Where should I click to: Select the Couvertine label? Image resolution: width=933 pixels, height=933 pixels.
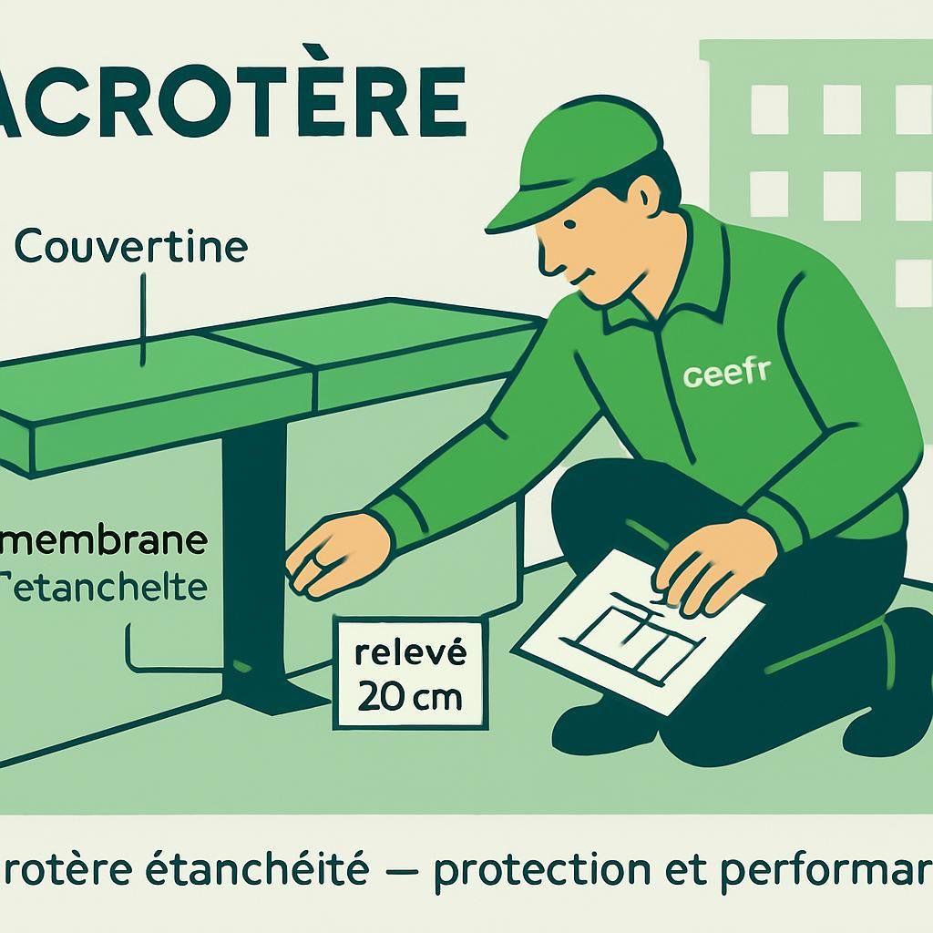point(131,247)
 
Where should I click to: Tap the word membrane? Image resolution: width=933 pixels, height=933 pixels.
point(105,540)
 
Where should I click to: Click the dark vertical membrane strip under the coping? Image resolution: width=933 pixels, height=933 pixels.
point(254,547)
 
